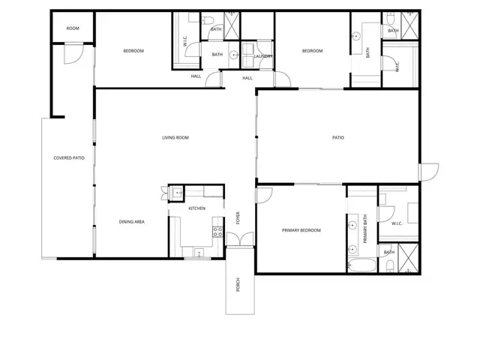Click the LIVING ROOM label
tap(175, 138)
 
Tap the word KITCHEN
tap(196, 208)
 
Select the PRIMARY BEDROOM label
tap(301, 230)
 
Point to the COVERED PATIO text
tap(69, 157)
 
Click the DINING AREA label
tap(131, 221)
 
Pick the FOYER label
tap(238, 218)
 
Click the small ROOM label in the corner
tap(73, 28)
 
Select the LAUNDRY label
tap(262, 56)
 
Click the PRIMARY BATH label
tap(365, 229)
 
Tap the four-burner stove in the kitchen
tap(217, 232)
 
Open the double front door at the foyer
tap(241, 239)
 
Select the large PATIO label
tap(338, 138)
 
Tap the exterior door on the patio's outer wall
tap(425, 172)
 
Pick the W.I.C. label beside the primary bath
tap(397, 223)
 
